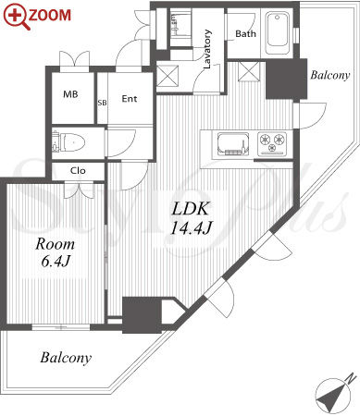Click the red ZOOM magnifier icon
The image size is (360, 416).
click(x=17, y=17)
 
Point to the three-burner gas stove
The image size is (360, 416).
click(x=272, y=143)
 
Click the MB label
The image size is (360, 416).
click(x=70, y=94)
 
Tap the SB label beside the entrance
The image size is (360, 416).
click(x=102, y=103)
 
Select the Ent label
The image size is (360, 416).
click(x=130, y=99)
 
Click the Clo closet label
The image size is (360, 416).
click(x=78, y=170)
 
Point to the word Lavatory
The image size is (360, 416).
click(x=207, y=49)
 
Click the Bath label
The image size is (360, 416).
click(x=245, y=33)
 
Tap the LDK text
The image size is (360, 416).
click(x=191, y=209)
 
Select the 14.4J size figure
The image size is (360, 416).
click(x=191, y=228)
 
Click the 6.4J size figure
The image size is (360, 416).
click(x=56, y=262)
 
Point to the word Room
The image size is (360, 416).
click(x=55, y=244)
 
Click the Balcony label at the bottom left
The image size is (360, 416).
click(x=66, y=358)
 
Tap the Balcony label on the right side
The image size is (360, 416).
click(x=330, y=75)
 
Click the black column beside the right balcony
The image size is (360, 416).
click(x=286, y=79)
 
